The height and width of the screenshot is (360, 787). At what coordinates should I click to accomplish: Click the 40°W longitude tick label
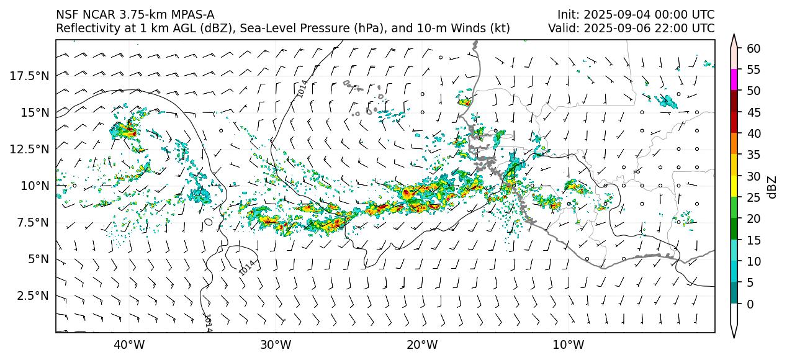pos(129,344)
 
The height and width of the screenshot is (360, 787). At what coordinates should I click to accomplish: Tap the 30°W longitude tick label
pos(276,344)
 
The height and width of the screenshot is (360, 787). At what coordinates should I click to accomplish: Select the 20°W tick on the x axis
pos(422,344)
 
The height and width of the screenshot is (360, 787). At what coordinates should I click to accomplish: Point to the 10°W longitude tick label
pos(568,344)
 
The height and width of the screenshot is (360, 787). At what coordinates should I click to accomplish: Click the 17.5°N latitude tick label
pos(30,76)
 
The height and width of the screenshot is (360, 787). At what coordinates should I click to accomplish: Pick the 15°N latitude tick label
pos(35,112)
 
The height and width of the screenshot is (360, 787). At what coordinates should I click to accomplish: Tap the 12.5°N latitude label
pos(30,149)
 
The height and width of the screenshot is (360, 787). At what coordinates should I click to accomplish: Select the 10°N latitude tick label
pos(35,186)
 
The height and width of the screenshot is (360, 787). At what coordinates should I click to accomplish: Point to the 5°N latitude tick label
pos(37,259)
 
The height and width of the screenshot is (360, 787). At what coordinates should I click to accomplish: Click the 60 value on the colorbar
pos(753,48)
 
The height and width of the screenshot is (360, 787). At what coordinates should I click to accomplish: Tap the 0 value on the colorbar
pos(750,304)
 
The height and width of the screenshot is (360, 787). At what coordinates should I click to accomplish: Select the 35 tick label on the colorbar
pos(753,155)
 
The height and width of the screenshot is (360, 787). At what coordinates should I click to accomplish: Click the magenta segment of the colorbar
pos(734,80)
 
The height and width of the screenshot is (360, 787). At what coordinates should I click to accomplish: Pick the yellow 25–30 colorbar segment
pos(734,187)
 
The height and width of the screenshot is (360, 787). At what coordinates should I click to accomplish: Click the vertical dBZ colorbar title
pos(771,187)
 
